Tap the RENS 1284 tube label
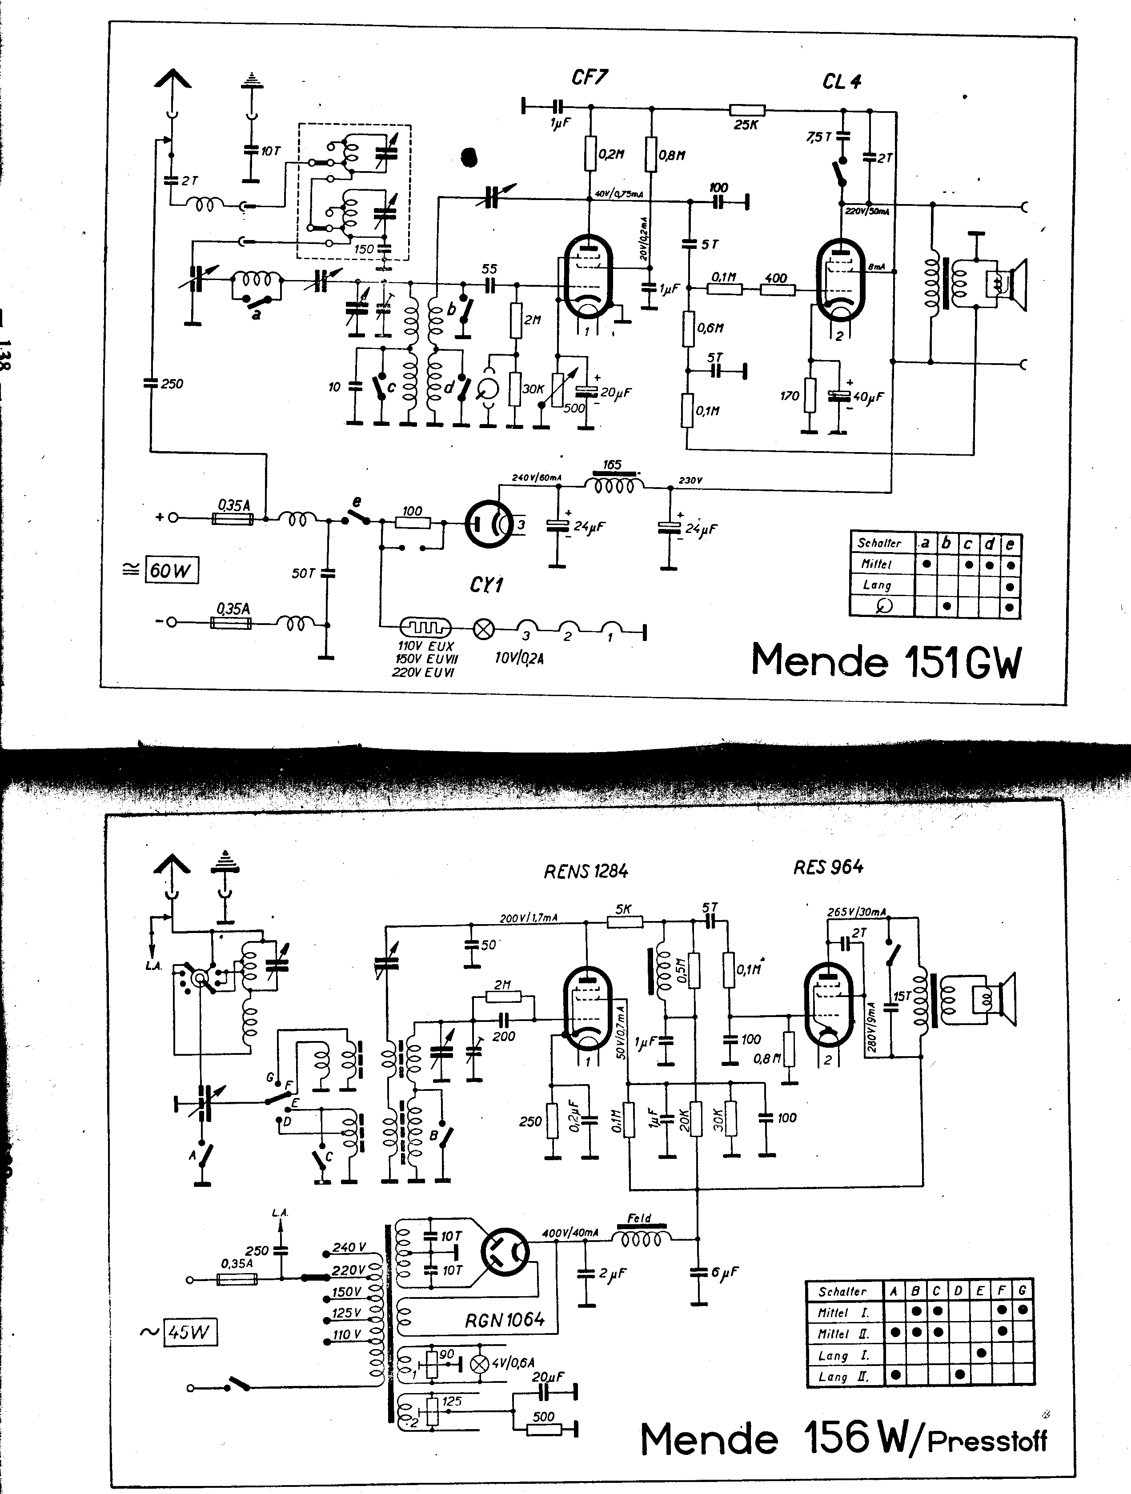click(x=586, y=871)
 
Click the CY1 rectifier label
click(x=486, y=585)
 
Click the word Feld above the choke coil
click(x=639, y=1218)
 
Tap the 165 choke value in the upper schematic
click(x=612, y=465)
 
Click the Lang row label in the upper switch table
click(x=877, y=585)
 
